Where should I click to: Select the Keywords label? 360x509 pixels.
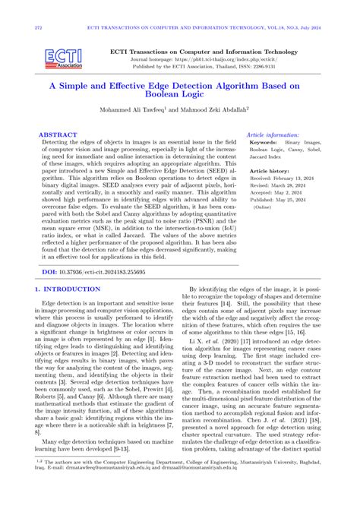coord(264,142)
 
